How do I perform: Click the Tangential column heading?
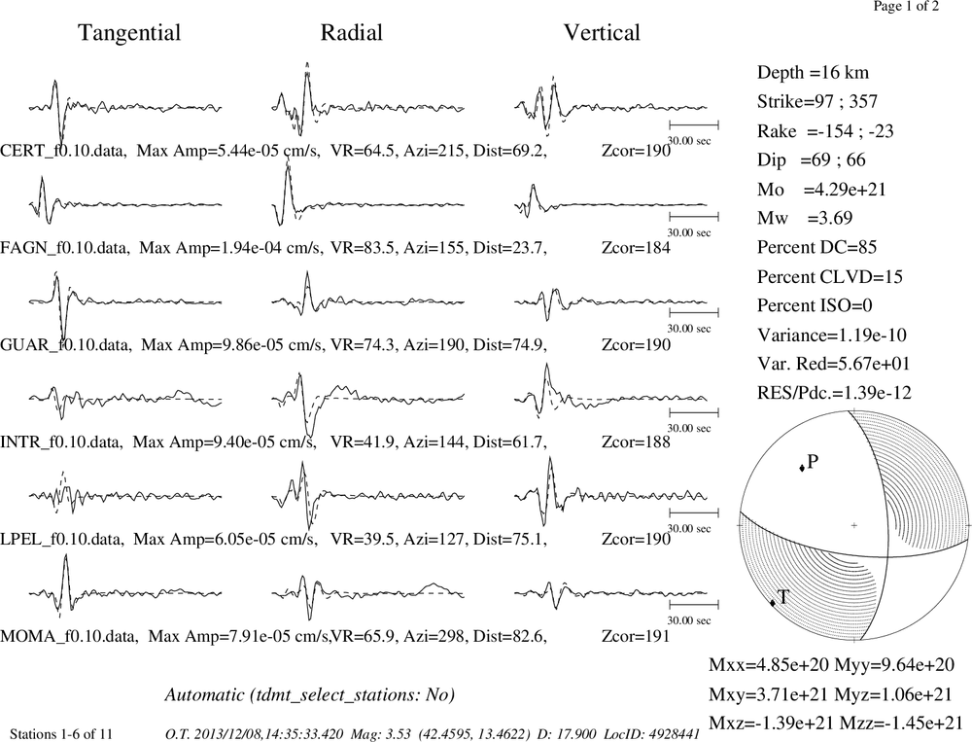(129, 33)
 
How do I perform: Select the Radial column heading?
(352, 33)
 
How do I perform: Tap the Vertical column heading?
(602, 33)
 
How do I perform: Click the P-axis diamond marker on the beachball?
(802, 468)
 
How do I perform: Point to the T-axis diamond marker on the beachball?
(773, 602)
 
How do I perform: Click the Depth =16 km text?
(813, 73)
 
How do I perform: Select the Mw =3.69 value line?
(805, 218)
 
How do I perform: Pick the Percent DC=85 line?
(817, 247)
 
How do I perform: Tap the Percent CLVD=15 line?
(829, 276)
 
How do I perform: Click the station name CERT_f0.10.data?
(63, 151)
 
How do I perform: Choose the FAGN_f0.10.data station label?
(64, 248)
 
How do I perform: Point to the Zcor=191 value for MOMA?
(636, 636)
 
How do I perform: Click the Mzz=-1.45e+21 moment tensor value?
(901, 723)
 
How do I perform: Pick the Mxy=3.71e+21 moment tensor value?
(769, 694)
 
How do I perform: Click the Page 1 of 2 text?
(906, 7)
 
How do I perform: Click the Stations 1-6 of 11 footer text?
(61, 734)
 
